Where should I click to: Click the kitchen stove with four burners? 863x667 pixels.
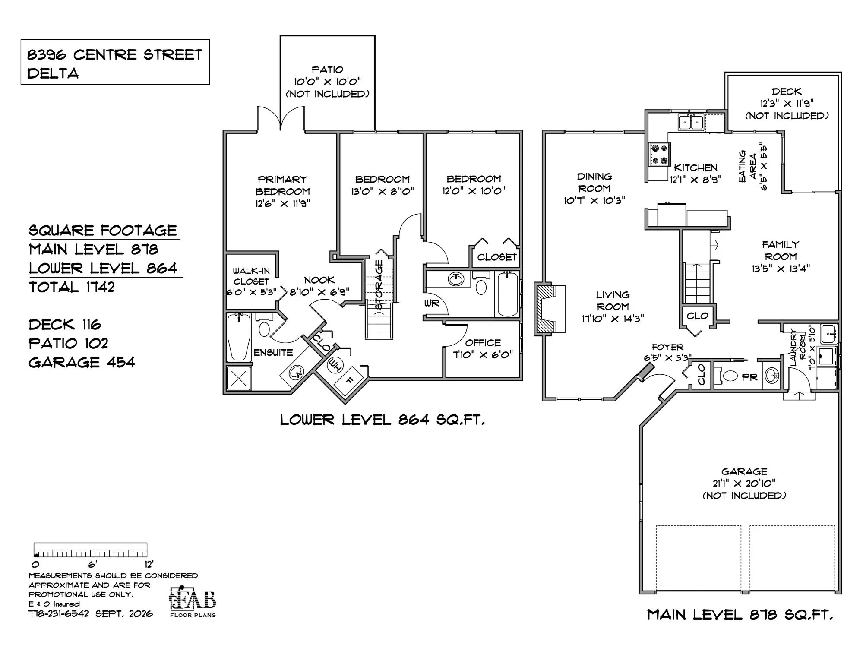(x=659, y=155)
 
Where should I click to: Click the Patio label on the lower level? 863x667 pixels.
(x=328, y=70)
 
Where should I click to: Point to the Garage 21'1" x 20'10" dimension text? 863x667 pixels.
(x=744, y=483)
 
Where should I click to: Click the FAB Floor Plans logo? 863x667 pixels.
(x=193, y=601)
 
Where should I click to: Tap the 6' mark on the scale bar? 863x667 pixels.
(x=92, y=564)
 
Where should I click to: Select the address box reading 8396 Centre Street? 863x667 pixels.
(x=115, y=62)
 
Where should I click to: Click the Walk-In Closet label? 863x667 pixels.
(x=251, y=276)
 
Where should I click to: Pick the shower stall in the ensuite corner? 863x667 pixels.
(x=239, y=378)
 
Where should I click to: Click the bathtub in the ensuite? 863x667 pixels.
(x=239, y=337)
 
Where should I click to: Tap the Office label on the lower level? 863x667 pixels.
(x=483, y=343)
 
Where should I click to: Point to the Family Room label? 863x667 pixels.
(x=781, y=250)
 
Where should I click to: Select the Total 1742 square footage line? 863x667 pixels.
(x=72, y=287)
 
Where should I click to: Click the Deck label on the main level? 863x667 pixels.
(x=787, y=92)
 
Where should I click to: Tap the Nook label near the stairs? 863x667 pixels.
(x=319, y=280)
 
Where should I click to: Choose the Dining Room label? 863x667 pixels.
(x=594, y=182)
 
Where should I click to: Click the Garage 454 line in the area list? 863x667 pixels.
(x=82, y=362)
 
